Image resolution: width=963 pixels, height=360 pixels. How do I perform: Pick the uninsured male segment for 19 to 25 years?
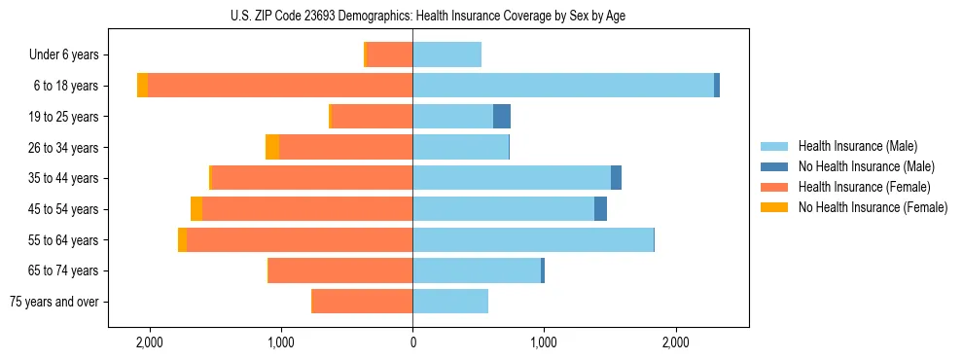(502, 117)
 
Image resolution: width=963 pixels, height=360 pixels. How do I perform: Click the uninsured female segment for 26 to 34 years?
(272, 147)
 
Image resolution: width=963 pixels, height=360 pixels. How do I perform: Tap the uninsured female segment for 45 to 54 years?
(196, 209)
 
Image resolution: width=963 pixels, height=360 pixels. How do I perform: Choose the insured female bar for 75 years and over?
(362, 302)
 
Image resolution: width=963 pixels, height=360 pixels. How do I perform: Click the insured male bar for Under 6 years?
(446, 55)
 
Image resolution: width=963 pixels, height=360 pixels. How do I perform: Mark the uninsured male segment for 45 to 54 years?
(600, 209)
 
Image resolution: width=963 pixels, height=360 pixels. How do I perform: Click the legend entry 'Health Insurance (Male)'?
(857, 146)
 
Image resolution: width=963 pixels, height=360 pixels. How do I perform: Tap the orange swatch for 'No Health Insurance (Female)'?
(774, 207)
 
